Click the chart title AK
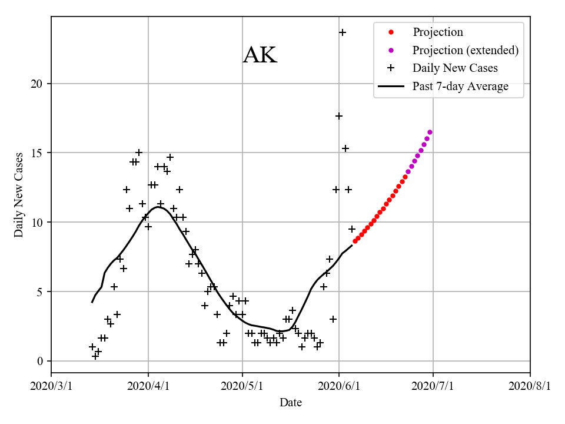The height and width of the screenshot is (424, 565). (260, 55)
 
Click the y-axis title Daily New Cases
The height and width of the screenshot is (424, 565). (19, 194)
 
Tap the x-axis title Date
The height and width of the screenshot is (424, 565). (291, 402)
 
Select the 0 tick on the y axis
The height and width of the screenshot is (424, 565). (41, 361)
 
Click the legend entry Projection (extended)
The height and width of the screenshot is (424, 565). (465, 50)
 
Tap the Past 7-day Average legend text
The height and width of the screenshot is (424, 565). (460, 87)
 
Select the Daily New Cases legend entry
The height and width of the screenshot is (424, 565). (455, 68)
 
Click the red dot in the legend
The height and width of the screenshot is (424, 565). (391, 32)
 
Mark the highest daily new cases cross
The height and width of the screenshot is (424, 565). (343, 32)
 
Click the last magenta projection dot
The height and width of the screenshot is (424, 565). (430, 132)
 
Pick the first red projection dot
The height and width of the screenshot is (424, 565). (355, 241)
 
